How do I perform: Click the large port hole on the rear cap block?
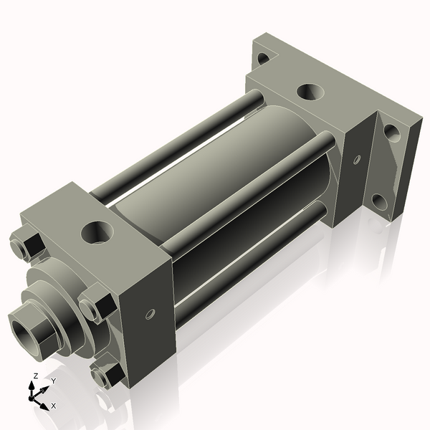(310, 92)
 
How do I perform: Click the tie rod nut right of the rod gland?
(94, 306)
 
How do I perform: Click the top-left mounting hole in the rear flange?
(263, 57)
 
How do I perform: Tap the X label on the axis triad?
(54, 406)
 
